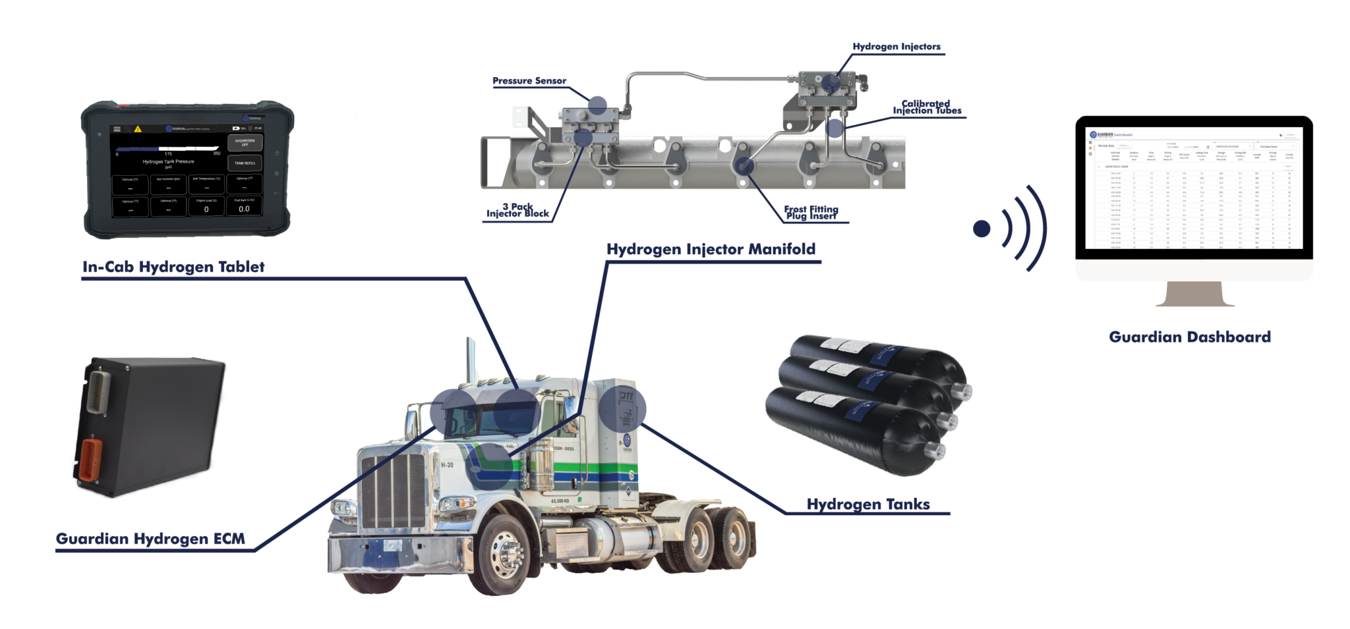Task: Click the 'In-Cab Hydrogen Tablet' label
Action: tap(173, 267)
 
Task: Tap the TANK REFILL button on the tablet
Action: tap(244, 163)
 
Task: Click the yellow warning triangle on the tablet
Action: tap(138, 129)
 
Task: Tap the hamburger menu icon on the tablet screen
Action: tap(117, 129)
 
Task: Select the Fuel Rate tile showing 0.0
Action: tap(244, 205)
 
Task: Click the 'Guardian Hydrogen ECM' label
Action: tap(150, 539)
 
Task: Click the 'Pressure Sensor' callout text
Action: tap(529, 82)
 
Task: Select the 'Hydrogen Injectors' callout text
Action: tap(896, 47)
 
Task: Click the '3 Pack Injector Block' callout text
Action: tap(517, 210)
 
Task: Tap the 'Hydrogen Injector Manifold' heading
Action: tap(711, 250)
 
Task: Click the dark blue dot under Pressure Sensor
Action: tap(597, 103)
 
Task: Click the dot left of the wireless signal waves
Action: tap(982, 229)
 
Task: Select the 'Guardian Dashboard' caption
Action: tap(1189, 337)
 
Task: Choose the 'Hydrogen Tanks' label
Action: tap(867, 505)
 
